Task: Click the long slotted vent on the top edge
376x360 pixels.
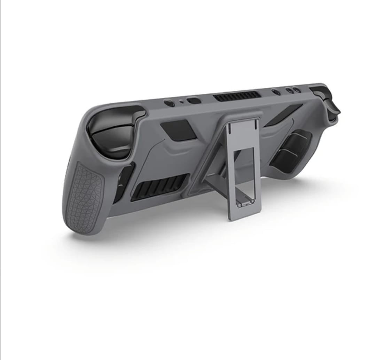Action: click(237, 96)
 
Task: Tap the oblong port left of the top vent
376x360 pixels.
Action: click(194, 101)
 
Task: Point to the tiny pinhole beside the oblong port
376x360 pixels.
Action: click(181, 102)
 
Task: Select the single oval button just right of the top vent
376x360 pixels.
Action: click(276, 92)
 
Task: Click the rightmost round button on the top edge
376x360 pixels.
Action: click(297, 90)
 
